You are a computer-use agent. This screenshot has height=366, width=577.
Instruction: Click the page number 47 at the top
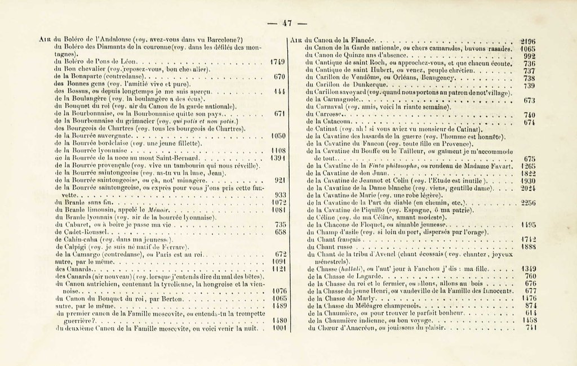[287, 23]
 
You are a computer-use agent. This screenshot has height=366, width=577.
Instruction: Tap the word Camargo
[83, 255]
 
